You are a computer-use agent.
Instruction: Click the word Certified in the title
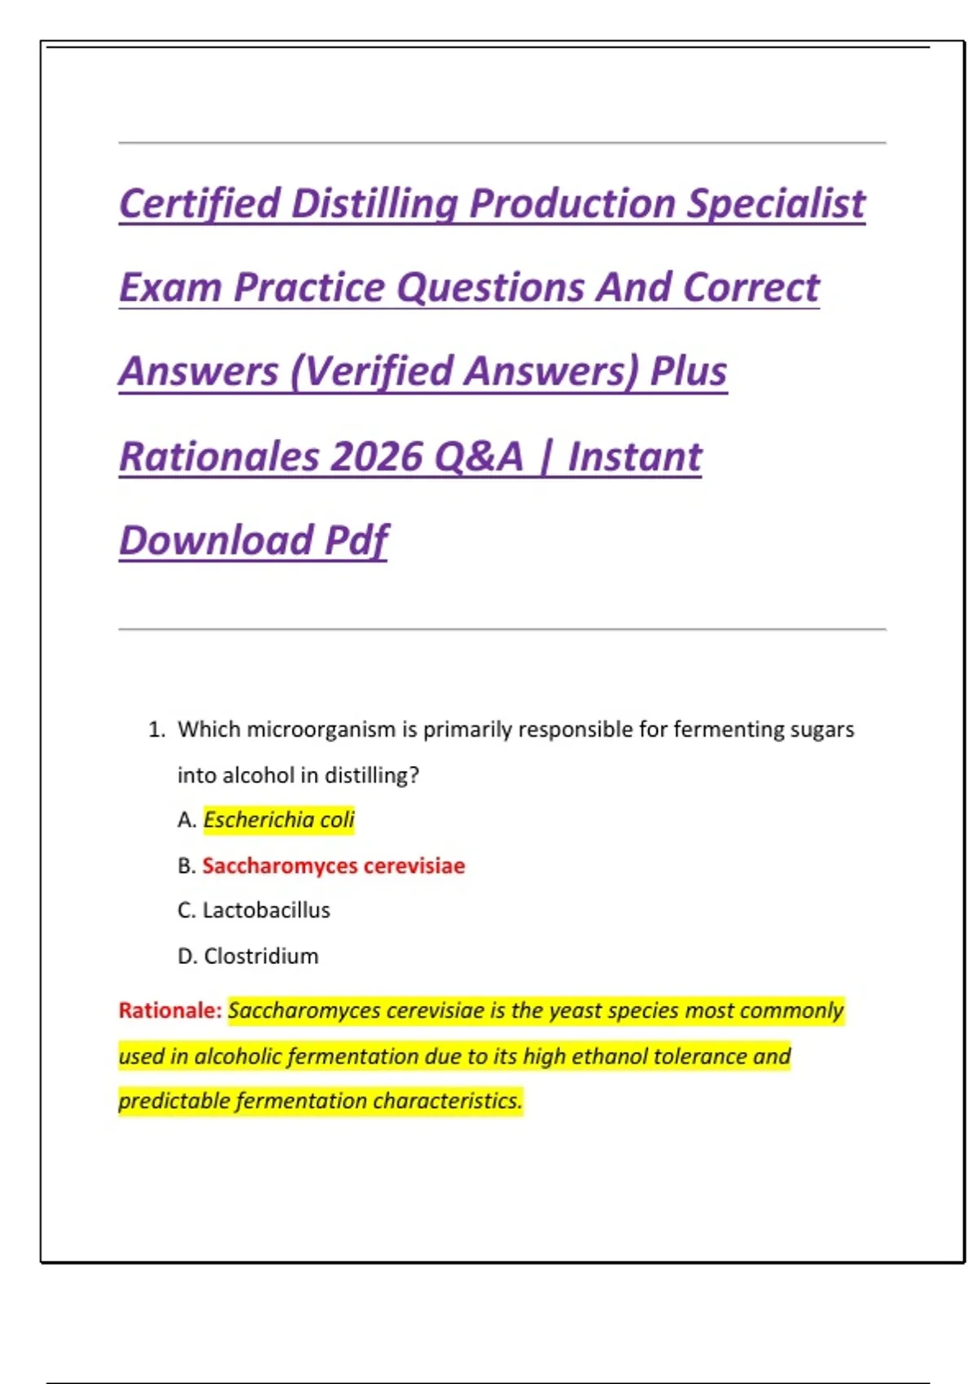click(x=199, y=204)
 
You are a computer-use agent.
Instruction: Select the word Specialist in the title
click(x=775, y=204)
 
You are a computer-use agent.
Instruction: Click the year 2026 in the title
click(x=378, y=456)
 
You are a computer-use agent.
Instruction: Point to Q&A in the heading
click(x=478, y=456)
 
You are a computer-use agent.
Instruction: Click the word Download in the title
click(x=216, y=540)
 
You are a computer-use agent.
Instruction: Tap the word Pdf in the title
click(x=356, y=540)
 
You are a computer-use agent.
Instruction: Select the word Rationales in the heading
click(x=219, y=456)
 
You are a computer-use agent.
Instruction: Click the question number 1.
click(x=156, y=729)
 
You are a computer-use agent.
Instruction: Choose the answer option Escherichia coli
click(x=278, y=820)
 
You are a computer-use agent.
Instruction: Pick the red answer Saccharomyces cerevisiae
click(x=333, y=865)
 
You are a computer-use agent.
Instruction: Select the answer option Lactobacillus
click(x=266, y=910)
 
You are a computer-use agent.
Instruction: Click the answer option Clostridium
click(x=261, y=956)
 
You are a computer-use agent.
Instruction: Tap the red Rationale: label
click(x=169, y=1010)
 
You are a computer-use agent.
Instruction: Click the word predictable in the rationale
click(x=173, y=1101)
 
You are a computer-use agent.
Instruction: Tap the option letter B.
click(x=186, y=865)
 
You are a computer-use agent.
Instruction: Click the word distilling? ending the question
click(x=371, y=775)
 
